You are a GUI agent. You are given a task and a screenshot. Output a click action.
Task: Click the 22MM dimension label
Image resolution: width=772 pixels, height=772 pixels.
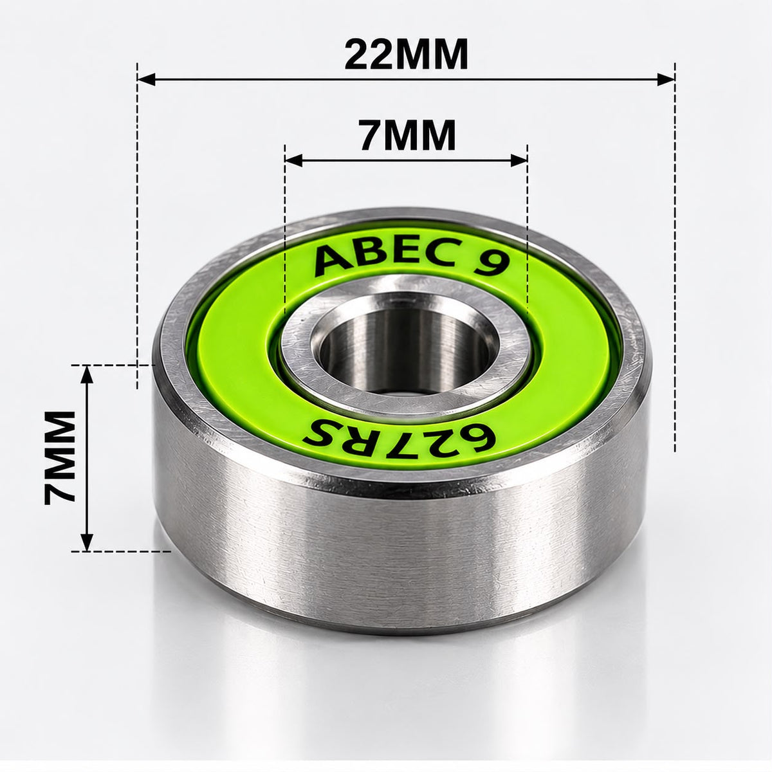coord(406,54)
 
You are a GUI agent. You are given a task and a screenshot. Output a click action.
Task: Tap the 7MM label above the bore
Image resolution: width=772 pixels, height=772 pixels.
coord(407,134)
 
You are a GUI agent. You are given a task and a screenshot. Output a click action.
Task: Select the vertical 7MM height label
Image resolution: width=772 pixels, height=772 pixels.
coord(60,457)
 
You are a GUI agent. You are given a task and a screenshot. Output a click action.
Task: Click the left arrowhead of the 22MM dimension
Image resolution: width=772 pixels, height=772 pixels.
coord(146,80)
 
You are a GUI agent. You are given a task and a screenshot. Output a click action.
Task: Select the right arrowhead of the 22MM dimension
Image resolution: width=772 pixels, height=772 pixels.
coord(666,80)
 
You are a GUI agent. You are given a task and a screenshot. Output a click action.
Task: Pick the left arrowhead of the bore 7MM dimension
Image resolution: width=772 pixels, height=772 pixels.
coord(293,161)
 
